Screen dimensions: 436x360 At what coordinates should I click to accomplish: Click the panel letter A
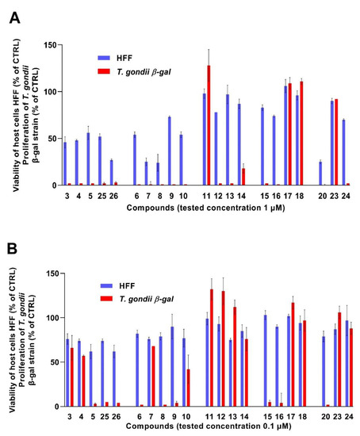(15, 17)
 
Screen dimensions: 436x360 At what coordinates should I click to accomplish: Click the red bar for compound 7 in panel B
(152, 376)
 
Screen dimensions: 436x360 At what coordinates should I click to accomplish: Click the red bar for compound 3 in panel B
(71, 377)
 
